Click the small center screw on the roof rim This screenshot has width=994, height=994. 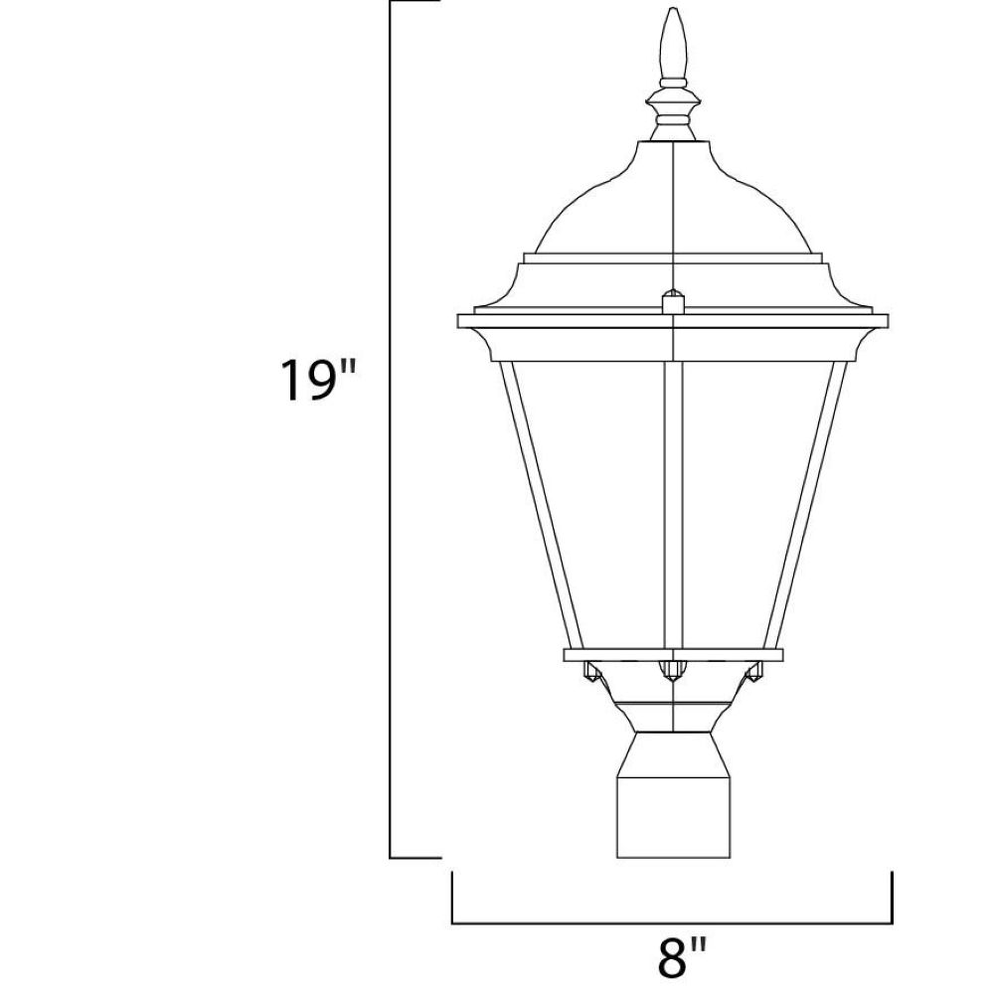[673, 302]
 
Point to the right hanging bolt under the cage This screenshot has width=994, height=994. [753, 671]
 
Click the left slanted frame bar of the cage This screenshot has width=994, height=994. [541, 505]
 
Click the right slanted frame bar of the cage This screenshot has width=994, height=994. [806, 505]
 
